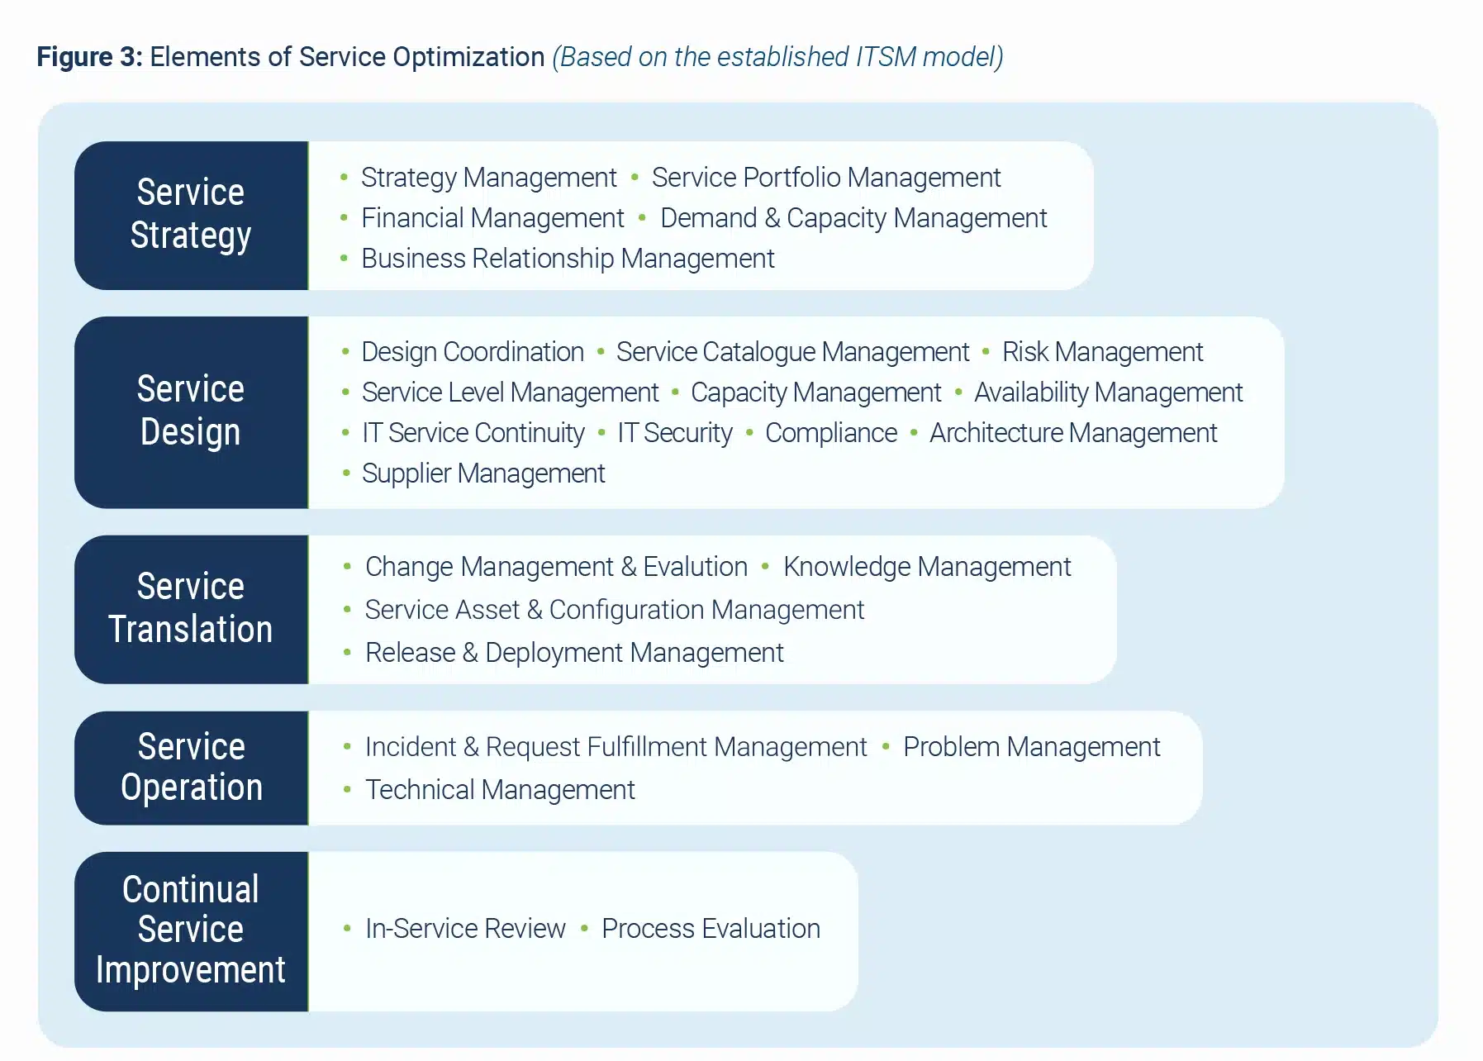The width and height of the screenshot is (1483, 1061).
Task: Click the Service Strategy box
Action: click(191, 215)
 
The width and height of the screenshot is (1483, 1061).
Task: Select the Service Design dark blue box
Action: click(191, 412)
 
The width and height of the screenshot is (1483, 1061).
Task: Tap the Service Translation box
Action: click(191, 609)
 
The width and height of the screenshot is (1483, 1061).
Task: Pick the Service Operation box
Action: click(191, 768)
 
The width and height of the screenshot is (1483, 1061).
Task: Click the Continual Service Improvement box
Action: click(191, 930)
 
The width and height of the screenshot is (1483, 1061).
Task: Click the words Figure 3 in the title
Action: click(89, 57)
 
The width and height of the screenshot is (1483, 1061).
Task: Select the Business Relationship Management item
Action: click(568, 259)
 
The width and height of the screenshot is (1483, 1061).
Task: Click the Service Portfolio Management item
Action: click(825, 178)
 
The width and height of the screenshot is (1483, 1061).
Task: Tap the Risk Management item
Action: click(1102, 352)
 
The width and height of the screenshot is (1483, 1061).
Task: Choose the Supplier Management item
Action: click(483, 473)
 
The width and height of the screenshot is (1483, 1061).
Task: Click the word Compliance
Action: click(830, 433)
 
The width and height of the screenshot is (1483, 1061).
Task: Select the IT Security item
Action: click(674, 433)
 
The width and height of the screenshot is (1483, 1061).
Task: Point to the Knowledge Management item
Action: click(926, 567)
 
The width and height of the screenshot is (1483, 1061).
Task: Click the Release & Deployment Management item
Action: click(574, 653)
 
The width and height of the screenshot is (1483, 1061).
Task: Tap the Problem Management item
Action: click(1031, 747)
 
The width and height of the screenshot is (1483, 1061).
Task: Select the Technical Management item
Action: click(500, 790)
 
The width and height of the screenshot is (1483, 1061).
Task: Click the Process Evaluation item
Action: click(711, 929)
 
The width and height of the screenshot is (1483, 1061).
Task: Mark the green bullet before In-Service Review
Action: click(347, 929)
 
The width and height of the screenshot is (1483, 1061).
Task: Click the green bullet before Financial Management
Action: click(344, 218)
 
